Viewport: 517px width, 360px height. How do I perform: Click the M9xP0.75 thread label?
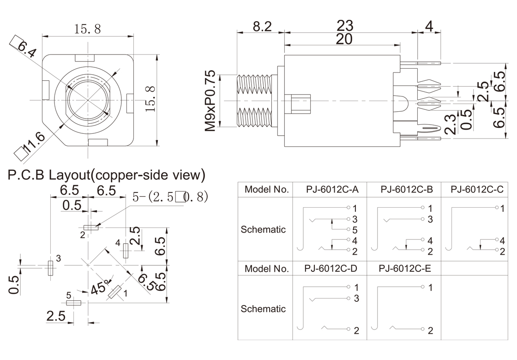pyautogui.click(x=210, y=101)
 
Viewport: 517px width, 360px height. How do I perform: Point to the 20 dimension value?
pyautogui.click(x=344, y=40)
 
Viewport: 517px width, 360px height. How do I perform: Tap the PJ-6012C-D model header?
pyautogui.click(x=331, y=268)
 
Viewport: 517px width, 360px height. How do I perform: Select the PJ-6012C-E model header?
pyautogui.click(x=404, y=268)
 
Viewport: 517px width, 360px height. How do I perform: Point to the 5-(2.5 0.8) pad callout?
pyautogui.click(x=170, y=197)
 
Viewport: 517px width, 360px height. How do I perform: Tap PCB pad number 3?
pyautogui.click(x=50, y=268)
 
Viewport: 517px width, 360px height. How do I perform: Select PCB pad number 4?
pyautogui.click(x=126, y=251)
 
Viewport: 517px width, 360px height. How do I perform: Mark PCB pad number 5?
pyautogui.click(x=74, y=303)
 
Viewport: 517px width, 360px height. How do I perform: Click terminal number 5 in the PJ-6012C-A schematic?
pyautogui.click(x=355, y=229)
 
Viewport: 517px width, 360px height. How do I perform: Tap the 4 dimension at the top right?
pyautogui.click(x=429, y=27)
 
